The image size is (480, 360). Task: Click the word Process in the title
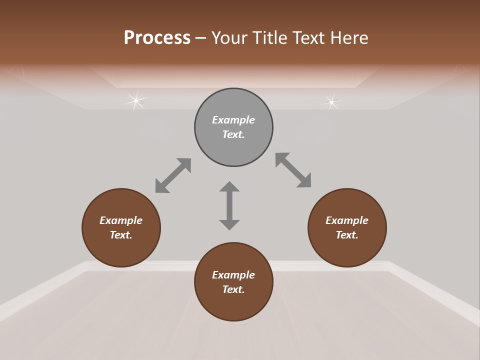[x=157, y=38]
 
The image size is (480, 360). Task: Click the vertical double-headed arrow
[x=229, y=205]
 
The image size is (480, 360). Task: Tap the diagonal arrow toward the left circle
[x=173, y=175]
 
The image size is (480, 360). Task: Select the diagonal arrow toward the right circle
[x=293, y=170]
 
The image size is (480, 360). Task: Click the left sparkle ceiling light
[x=135, y=101]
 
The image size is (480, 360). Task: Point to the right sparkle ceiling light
[x=331, y=102]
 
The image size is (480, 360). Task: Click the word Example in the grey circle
[x=233, y=120]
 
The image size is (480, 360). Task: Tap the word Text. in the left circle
[x=121, y=235]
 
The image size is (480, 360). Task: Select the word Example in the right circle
[x=347, y=220]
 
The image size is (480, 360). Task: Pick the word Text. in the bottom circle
[x=233, y=289]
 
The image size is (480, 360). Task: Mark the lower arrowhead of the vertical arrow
[x=229, y=224]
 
